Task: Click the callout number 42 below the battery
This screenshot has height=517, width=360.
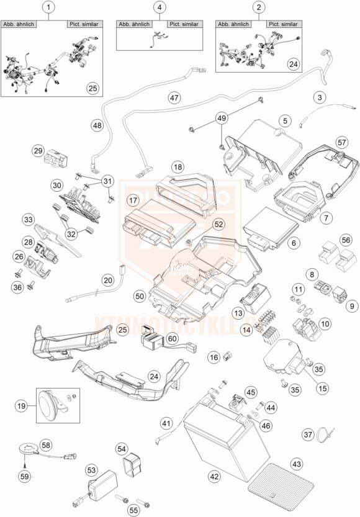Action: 214,477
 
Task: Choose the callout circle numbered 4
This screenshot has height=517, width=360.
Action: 161,8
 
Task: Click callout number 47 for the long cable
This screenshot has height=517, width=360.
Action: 174,98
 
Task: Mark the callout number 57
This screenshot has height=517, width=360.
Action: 340,142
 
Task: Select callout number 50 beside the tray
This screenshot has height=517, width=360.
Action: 140,297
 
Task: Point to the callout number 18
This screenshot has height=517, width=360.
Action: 178,167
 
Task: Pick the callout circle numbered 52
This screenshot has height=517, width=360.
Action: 202,224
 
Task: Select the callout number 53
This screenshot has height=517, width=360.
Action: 91,471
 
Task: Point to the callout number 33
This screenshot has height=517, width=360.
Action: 29,220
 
